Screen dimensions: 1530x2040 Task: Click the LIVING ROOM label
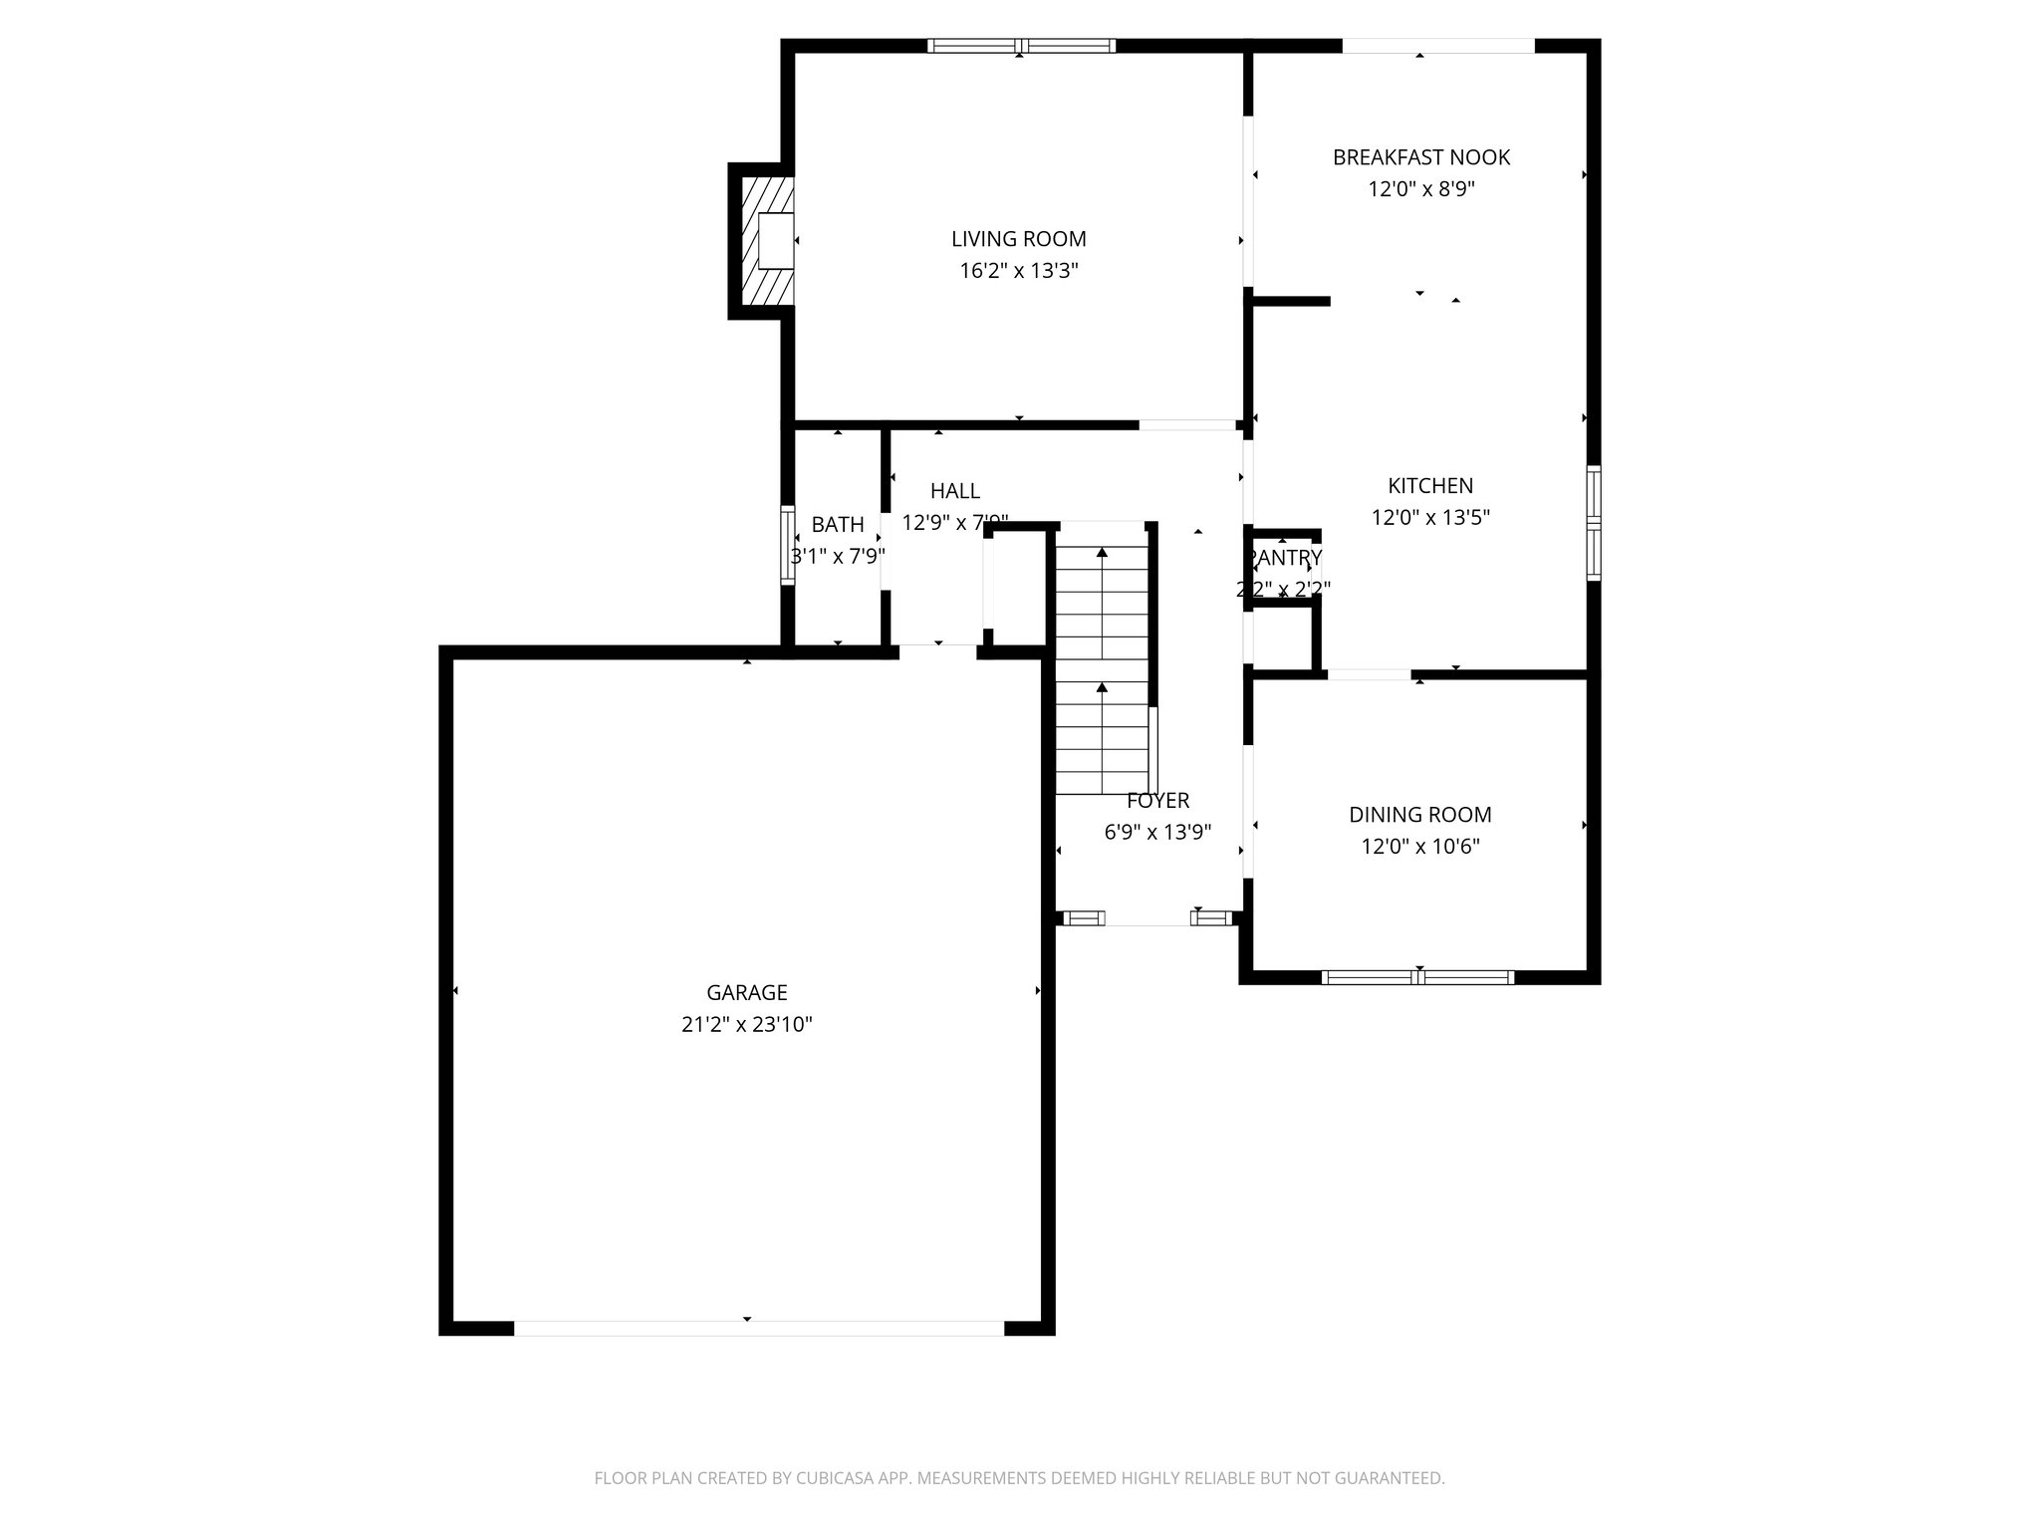[x=1018, y=239]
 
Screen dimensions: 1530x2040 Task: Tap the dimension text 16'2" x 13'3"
[x=1018, y=271]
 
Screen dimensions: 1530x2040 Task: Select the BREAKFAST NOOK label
[x=1420, y=157]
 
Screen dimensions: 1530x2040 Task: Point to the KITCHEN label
[x=1430, y=486]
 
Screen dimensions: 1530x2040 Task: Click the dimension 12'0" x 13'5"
[x=1430, y=518]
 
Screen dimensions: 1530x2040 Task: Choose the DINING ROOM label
[x=1419, y=815]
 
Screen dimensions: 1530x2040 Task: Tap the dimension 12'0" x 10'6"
[x=1419, y=847]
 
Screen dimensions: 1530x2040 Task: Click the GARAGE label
[x=747, y=992]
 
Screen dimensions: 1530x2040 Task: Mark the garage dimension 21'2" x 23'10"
[x=747, y=1024]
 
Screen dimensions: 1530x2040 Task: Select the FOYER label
[x=1157, y=801]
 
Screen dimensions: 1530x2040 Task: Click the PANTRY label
[x=1285, y=558]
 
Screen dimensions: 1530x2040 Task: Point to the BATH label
[x=838, y=525]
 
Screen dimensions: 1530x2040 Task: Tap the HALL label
[x=954, y=491]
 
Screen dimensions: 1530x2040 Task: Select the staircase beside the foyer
[x=1102, y=657]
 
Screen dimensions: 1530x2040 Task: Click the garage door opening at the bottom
[x=759, y=1328]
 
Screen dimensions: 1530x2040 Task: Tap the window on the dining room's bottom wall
[x=1417, y=977]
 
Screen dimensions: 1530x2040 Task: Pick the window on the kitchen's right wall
[x=1593, y=523]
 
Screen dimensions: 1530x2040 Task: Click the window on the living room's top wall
[x=1021, y=46]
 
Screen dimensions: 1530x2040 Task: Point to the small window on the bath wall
[x=787, y=545]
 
